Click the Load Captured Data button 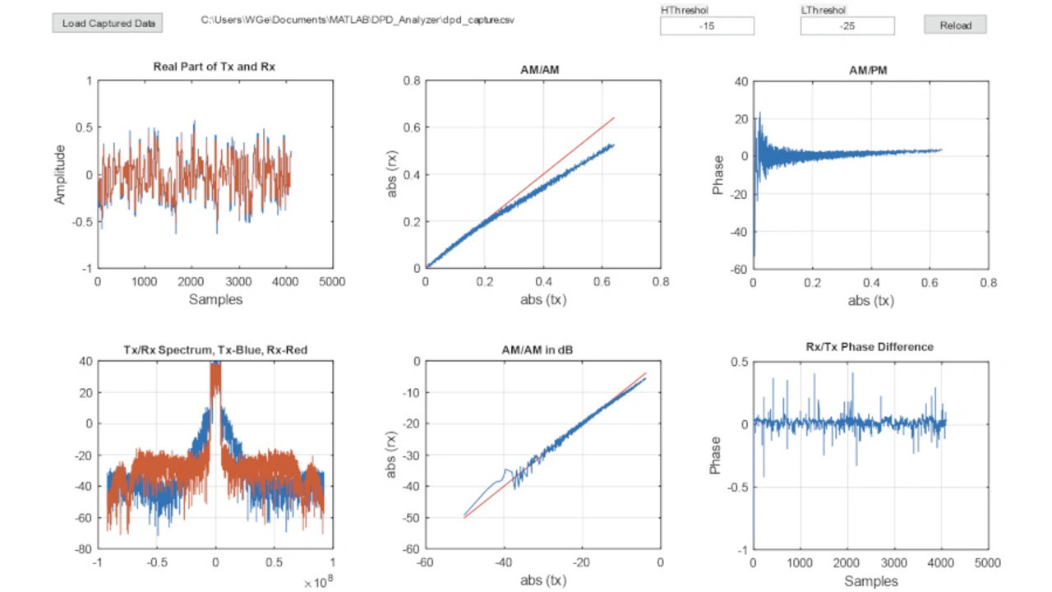point(107,23)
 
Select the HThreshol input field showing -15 point(707,26)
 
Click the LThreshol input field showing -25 point(847,26)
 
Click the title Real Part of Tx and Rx point(215,67)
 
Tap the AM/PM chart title point(868,71)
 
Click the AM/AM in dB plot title point(538,350)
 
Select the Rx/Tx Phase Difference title point(869,347)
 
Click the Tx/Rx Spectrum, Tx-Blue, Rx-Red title point(215,350)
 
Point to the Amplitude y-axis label point(59,174)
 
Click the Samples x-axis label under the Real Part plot point(215,299)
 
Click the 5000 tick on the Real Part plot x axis point(332,281)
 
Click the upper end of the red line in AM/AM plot point(613,118)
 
